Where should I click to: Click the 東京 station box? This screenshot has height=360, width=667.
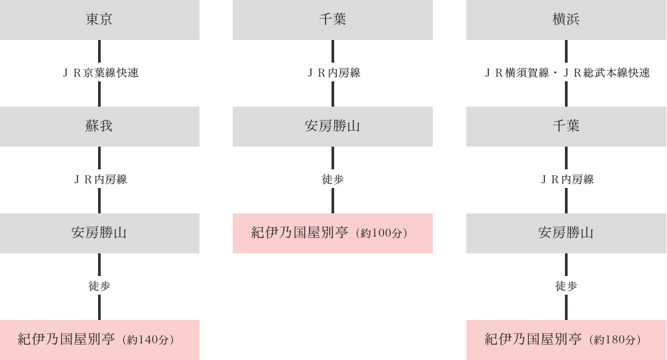coord(99,20)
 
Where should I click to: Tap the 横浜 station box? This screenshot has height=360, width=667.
coord(566,20)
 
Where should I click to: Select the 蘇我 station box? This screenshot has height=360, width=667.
coord(99,127)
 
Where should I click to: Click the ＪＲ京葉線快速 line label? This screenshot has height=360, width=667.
coord(101,73)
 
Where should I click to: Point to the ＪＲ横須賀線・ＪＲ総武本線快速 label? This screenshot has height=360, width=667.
coord(567,73)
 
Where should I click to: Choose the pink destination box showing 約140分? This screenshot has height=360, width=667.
coord(99,340)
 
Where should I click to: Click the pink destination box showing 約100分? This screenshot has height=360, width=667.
coord(333,233)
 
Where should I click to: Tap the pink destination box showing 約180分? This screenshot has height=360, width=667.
coord(566,340)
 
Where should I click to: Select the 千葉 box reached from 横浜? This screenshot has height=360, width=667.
coord(566,127)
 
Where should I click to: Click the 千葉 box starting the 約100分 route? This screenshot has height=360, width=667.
coord(333,20)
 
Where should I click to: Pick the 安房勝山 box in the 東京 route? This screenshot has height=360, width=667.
coord(99,233)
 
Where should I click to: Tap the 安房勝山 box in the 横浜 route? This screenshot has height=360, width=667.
coord(566,233)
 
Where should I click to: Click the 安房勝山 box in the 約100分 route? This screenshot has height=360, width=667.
coord(333,127)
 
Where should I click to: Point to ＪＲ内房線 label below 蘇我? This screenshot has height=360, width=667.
coord(101,179)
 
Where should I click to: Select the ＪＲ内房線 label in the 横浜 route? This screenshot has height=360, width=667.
coord(567,179)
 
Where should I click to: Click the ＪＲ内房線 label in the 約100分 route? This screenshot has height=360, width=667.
coord(333,73)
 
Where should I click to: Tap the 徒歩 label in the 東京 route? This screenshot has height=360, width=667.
coord(99,286)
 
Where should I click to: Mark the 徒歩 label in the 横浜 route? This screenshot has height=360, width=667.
coord(566,286)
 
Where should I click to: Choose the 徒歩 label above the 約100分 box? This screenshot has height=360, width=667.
coord(333,179)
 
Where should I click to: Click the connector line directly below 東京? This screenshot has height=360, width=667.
coord(99,51)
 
